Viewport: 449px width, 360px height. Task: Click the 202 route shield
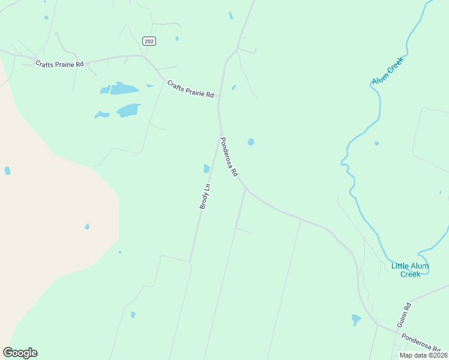149,41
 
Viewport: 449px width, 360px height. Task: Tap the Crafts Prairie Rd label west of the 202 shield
59,64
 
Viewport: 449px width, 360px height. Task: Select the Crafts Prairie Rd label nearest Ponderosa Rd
191,89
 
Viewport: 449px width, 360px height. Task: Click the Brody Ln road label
205,196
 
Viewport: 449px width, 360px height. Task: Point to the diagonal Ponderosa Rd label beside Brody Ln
229,157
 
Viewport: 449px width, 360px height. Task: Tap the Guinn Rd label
403,314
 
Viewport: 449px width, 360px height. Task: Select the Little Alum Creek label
410,269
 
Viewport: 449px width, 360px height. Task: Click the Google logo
20,353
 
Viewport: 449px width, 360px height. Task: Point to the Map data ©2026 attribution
423,355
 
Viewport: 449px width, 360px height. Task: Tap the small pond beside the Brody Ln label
206,169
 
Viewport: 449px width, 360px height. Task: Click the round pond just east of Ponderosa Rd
251,142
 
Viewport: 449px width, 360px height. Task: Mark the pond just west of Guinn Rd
356,320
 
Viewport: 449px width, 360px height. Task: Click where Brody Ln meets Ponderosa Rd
220,133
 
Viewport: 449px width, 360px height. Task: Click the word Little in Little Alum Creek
400,266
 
